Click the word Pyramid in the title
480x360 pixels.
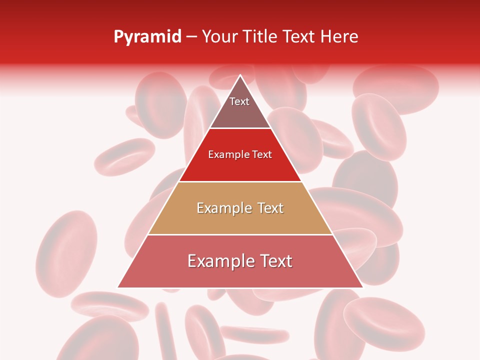(x=147, y=37)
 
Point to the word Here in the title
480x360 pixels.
(x=339, y=36)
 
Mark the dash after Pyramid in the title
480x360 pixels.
(x=191, y=37)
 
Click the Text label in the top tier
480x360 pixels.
(x=239, y=101)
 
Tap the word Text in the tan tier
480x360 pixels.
(x=270, y=208)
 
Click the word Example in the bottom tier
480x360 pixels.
(x=218, y=261)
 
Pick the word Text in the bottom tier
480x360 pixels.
(x=276, y=261)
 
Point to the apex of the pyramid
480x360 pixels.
(x=240, y=76)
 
